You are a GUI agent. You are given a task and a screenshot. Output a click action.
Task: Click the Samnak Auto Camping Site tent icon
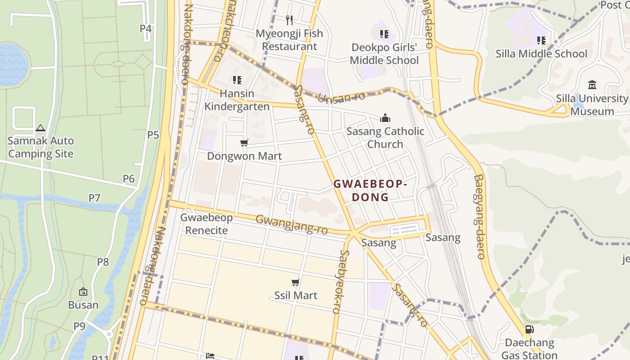(x=40, y=128)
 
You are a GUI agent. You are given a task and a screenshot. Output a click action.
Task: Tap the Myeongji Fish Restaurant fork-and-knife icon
(x=289, y=20)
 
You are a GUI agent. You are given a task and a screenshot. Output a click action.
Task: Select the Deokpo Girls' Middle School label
(x=384, y=54)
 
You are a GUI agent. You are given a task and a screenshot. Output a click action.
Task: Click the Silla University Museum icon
(x=592, y=85)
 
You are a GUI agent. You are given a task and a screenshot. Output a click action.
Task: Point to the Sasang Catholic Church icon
(x=385, y=118)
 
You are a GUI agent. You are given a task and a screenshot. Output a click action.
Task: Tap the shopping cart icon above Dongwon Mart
(x=244, y=143)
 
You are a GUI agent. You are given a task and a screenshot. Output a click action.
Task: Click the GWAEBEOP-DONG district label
(x=370, y=191)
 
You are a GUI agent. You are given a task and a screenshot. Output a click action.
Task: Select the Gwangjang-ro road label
(x=291, y=224)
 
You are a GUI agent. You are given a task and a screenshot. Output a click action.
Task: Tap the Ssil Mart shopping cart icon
(x=296, y=283)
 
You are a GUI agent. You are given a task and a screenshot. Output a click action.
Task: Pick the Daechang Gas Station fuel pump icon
(x=529, y=329)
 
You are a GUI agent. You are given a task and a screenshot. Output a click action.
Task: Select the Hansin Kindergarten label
(x=237, y=100)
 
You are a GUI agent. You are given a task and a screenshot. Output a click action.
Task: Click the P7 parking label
(x=94, y=198)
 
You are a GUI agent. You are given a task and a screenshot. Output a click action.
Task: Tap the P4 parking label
(x=145, y=29)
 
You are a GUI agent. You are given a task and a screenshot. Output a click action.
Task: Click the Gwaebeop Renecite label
(x=207, y=224)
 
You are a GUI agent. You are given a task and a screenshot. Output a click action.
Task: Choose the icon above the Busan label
(x=83, y=292)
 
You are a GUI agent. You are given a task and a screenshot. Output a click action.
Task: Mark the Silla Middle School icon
(x=541, y=40)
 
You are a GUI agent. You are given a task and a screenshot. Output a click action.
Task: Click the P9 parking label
(x=79, y=326)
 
